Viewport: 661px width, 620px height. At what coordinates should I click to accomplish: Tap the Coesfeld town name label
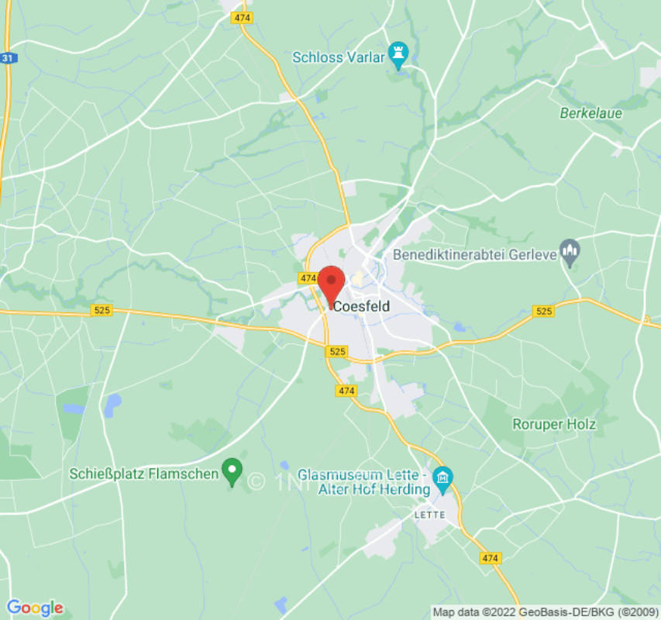(x=361, y=307)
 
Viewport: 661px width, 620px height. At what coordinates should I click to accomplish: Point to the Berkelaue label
(x=590, y=113)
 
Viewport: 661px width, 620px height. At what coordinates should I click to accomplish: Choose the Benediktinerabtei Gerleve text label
(x=476, y=253)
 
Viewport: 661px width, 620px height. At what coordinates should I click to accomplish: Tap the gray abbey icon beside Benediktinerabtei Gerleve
(x=570, y=250)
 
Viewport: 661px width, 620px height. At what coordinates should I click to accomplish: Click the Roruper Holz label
(x=554, y=424)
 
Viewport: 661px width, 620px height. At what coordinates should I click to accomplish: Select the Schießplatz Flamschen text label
(x=143, y=474)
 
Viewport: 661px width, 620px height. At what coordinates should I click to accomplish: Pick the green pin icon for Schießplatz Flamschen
(x=232, y=469)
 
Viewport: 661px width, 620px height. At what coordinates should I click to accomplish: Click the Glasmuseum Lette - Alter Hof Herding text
(x=364, y=481)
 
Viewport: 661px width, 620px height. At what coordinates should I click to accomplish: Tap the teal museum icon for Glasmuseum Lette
(x=442, y=475)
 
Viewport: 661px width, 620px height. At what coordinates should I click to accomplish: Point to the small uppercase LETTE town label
(x=429, y=515)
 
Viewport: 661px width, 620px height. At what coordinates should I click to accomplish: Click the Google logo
(x=34, y=607)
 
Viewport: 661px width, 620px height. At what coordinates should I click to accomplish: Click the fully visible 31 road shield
(x=8, y=58)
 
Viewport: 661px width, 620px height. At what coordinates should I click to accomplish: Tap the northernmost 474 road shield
(x=243, y=17)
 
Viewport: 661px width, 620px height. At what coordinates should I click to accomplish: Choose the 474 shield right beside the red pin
(x=308, y=277)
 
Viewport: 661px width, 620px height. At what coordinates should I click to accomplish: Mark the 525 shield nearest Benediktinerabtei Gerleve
(x=544, y=311)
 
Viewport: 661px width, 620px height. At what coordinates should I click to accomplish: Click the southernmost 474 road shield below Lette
(x=490, y=557)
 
